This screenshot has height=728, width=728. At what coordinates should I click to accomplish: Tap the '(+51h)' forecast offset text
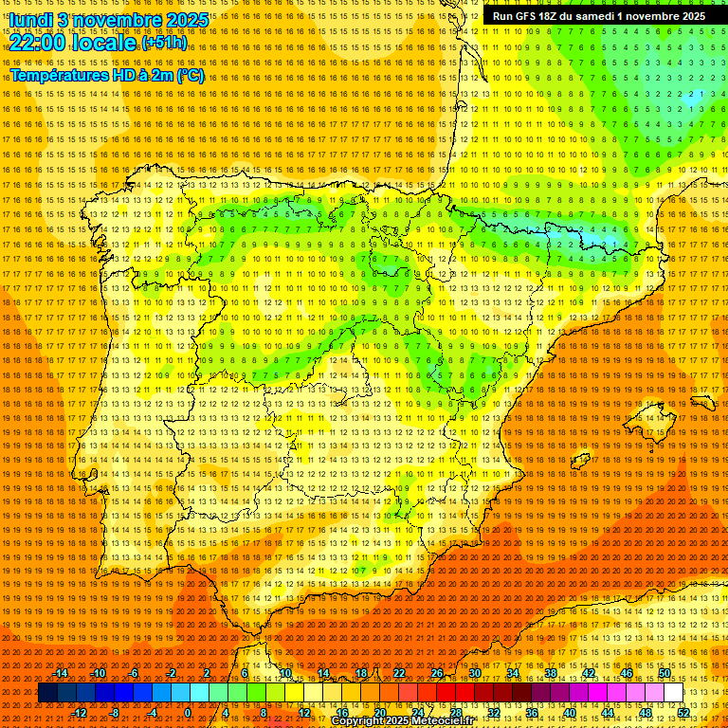click(164, 43)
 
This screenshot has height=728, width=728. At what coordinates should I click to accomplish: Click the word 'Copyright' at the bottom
click(360, 721)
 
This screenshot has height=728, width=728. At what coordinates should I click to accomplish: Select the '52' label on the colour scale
click(683, 713)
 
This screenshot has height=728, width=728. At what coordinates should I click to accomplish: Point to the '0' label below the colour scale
click(189, 713)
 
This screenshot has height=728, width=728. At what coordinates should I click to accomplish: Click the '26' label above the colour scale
click(437, 673)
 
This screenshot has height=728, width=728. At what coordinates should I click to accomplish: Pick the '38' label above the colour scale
click(551, 673)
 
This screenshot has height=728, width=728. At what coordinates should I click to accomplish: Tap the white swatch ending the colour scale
click(674, 693)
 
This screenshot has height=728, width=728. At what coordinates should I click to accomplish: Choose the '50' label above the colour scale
click(664, 673)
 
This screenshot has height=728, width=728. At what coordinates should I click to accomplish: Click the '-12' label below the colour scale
click(80, 713)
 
